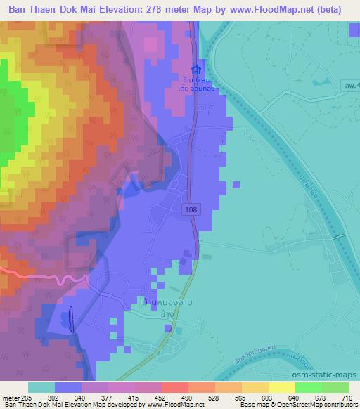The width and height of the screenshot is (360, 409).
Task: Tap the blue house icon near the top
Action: [x=196, y=71]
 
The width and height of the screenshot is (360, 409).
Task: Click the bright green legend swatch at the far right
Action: [x=335, y=387]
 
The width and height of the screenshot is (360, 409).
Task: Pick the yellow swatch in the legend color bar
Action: [x=282, y=387]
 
